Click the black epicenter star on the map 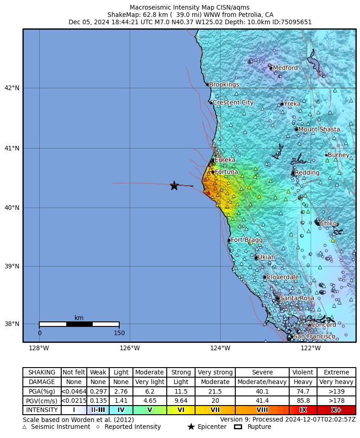click(174, 186)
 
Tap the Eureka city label click(225, 160)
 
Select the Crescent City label click(233, 102)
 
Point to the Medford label click(285, 68)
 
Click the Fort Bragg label click(247, 240)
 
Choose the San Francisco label click(314, 337)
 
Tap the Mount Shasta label click(319, 129)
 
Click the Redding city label click(307, 173)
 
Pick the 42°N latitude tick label click(12, 88)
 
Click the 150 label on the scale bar click(119, 333)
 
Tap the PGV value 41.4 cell click(262, 401)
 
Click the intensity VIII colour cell click(262, 410)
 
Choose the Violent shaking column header click(303, 373)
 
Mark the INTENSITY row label click(42, 410)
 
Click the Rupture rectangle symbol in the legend click(238, 427)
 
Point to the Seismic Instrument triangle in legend click(25, 427)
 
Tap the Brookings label click(224, 85)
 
